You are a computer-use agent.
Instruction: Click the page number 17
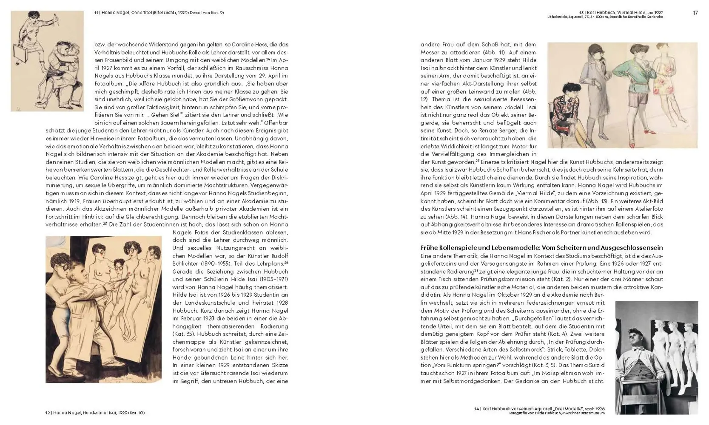tap(695, 13)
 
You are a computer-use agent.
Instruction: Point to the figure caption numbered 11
tap(159, 13)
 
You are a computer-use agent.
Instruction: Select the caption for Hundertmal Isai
tap(95, 413)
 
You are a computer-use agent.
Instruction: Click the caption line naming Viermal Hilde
tap(621, 13)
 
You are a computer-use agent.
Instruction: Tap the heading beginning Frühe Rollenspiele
tap(541, 248)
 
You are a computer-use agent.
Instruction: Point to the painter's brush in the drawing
tap(117, 279)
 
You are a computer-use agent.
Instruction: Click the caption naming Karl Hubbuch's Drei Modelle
tap(539, 408)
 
